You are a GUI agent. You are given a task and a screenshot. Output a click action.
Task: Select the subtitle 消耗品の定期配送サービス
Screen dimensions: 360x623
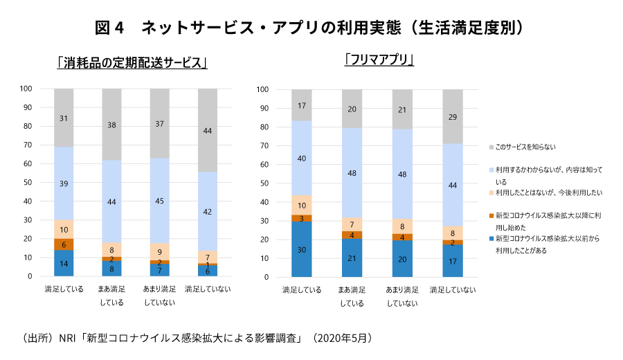point(133,63)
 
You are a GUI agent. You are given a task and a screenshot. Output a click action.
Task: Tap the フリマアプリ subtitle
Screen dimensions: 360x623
point(379,60)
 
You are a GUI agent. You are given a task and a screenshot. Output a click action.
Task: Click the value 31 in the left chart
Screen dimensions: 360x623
point(64,118)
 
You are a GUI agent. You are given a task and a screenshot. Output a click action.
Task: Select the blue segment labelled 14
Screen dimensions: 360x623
point(64,264)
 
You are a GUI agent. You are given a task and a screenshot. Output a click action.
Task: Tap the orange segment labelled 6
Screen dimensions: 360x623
point(64,244)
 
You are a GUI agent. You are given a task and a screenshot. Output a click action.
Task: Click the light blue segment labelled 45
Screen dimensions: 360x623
point(160,201)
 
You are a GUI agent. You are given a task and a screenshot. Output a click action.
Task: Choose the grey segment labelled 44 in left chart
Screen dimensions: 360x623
point(208,131)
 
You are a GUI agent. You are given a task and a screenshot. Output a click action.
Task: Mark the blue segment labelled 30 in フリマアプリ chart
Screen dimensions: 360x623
point(301,249)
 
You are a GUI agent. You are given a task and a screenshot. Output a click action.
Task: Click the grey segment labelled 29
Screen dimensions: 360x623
point(453,117)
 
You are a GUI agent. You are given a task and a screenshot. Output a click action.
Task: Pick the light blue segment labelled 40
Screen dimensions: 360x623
point(301,159)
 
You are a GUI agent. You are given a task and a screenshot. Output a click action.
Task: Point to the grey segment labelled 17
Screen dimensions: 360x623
point(301,106)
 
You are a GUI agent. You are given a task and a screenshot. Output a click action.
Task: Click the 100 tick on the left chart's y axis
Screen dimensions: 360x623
point(27,89)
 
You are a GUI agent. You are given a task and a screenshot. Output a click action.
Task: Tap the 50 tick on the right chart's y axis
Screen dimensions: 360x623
point(264,183)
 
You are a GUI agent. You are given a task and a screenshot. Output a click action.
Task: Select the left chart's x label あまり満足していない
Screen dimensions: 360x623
point(160,295)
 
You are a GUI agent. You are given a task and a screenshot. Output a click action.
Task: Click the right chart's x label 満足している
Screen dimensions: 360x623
point(301,290)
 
